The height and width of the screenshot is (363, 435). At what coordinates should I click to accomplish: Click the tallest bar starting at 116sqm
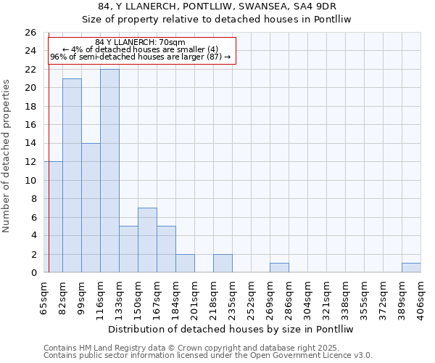(x=109, y=171)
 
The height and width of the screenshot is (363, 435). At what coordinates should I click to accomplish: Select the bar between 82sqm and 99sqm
(x=72, y=176)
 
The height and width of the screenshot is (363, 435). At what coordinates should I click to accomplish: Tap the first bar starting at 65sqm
(x=53, y=217)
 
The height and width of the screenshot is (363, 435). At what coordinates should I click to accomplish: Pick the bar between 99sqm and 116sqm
(x=91, y=208)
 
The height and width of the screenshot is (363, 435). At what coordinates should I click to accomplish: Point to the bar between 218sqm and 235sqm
(x=223, y=264)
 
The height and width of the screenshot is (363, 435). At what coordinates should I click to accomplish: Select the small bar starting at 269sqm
(x=279, y=268)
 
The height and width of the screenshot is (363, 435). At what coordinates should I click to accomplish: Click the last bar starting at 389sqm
(x=411, y=268)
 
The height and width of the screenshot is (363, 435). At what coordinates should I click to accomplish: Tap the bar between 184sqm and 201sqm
(x=185, y=264)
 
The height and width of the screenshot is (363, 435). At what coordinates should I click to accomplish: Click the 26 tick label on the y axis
(x=30, y=33)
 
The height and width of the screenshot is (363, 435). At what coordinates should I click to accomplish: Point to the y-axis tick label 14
(x=30, y=144)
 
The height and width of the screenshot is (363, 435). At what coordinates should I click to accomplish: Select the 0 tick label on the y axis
(x=33, y=273)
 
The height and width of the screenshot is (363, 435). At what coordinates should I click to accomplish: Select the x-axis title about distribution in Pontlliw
(x=232, y=329)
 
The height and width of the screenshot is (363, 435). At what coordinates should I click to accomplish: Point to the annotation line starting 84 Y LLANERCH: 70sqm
(x=140, y=43)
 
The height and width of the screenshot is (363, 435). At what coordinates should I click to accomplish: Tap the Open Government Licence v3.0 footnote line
(x=208, y=356)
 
